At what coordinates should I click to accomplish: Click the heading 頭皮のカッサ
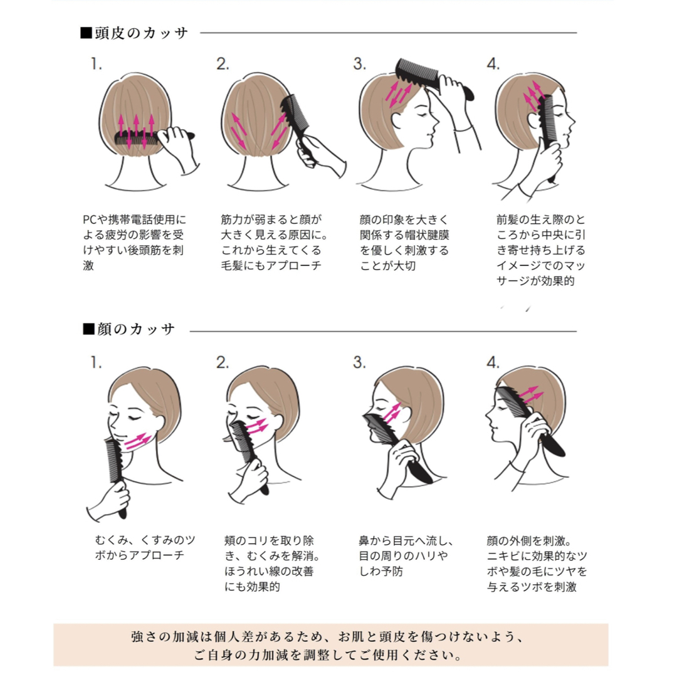[x=134, y=33]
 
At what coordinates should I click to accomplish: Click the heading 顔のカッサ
[x=129, y=329]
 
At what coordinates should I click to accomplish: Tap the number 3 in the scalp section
[x=359, y=64]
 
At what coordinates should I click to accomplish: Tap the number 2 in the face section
[x=223, y=363]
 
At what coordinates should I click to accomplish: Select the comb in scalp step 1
[x=154, y=138]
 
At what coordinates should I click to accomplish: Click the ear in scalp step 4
[x=533, y=120]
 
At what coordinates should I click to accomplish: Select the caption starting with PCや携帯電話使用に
[x=134, y=242]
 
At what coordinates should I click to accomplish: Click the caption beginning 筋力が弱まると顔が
[x=274, y=242]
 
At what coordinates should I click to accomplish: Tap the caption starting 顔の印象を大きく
[x=404, y=242]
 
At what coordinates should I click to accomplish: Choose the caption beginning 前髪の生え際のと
[x=540, y=250]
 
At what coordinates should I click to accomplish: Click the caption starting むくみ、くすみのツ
[x=145, y=547]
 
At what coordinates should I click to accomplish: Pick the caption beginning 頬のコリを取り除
[x=272, y=563]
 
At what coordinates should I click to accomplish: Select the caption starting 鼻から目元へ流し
[x=406, y=555]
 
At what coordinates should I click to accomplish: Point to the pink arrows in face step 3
[x=392, y=414]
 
